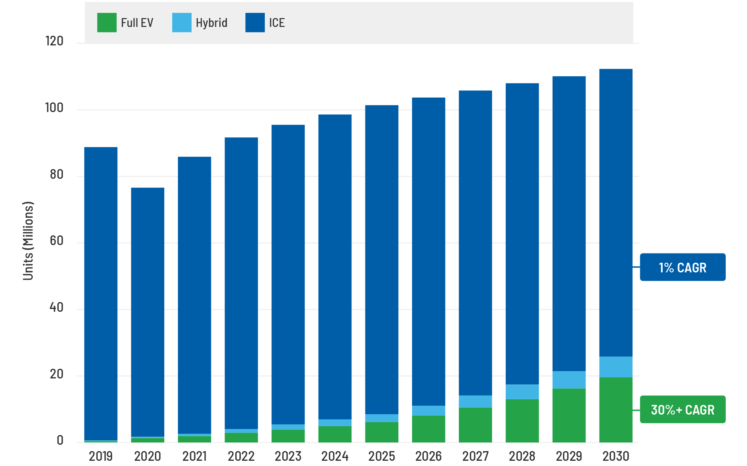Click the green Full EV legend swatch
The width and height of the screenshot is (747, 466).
click(x=107, y=22)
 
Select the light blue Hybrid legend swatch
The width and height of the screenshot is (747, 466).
click(x=182, y=22)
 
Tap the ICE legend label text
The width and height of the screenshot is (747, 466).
click(x=277, y=23)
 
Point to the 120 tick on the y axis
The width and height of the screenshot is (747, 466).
click(x=54, y=41)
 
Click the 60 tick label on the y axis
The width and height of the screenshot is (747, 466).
click(x=56, y=241)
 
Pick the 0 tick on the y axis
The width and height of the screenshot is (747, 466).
click(x=60, y=440)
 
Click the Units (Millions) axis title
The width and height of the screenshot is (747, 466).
click(x=28, y=241)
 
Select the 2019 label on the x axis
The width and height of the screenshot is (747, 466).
click(x=100, y=456)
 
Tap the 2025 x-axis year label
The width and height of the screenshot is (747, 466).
click(x=382, y=456)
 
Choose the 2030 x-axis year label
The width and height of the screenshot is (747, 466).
click(x=616, y=456)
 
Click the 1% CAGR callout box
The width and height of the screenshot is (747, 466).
click(x=682, y=267)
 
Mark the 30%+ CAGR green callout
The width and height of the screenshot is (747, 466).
click(x=682, y=409)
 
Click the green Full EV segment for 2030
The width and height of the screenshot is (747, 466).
click(x=616, y=410)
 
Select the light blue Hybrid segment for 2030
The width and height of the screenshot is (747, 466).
click(x=616, y=367)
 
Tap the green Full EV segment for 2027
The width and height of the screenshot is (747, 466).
click(x=475, y=425)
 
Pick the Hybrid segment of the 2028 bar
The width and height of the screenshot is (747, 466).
click(x=522, y=392)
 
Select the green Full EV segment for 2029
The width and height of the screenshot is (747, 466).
click(x=569, y=415)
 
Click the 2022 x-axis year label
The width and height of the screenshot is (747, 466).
click(x=241, y=456)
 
